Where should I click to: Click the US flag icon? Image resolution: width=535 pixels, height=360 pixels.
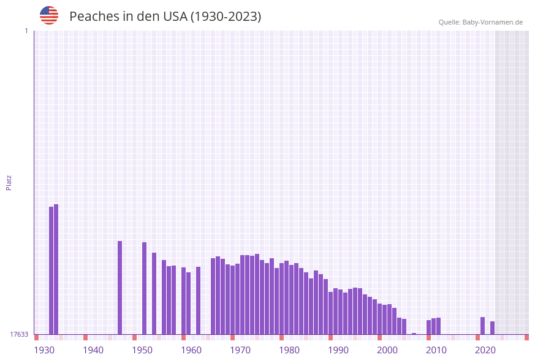[49, 15]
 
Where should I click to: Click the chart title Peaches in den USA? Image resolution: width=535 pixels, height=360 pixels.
[165, 17]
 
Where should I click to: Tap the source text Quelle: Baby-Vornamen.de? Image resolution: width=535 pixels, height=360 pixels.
[480, 22]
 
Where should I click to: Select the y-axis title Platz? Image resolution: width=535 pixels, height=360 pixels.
[9, 182]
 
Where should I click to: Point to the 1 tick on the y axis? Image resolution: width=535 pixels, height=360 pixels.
[26, 31]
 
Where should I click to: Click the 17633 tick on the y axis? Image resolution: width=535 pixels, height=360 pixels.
[19, 334]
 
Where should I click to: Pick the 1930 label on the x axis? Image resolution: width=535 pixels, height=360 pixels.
[44, 350]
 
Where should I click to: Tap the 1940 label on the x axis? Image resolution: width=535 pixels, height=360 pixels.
[93, 350]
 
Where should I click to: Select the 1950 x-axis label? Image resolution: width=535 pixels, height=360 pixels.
[142, 350]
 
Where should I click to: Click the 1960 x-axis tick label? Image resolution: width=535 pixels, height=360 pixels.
[191, 350]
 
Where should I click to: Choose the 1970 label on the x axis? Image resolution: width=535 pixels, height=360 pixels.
[240, 350]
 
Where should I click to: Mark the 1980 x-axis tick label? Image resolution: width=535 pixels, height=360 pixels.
[289, 350]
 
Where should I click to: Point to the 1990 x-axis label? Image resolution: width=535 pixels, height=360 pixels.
[338, 350]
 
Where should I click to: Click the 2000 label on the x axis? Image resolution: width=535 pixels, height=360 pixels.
[387, 350]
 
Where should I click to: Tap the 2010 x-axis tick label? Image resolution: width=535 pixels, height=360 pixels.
[436, 350]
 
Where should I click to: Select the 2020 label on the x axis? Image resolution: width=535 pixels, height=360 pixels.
[485, 350]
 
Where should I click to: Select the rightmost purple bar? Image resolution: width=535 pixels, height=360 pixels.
[492, 327]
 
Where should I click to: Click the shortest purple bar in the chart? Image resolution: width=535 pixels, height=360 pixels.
[414, 334]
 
